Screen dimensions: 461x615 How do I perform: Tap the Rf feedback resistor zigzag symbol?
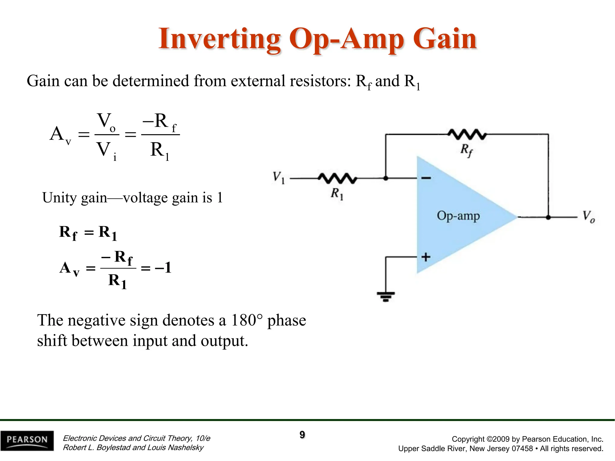[x=467, y=134]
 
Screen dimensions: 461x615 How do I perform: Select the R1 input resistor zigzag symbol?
[x=338, y=178]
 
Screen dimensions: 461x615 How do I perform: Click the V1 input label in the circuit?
[x=278, y=177]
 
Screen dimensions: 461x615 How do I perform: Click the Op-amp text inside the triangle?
[x=458, y=216]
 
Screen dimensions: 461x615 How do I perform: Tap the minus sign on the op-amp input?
[x=426, y=178]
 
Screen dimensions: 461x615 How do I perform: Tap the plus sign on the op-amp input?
[x=426, y=257]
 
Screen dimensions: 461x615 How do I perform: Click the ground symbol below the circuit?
[x=386, y=297]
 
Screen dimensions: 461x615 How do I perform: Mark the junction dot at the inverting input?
[x=386, y=178]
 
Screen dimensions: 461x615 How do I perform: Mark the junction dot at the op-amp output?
[x=548, y=217]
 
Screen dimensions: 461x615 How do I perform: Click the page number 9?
[x=302, y=435]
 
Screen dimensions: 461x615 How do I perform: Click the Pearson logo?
[x=27, y=440]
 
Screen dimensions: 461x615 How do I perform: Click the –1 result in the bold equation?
[x=163, y=267]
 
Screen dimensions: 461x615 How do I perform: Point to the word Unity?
[x=59, y=198]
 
